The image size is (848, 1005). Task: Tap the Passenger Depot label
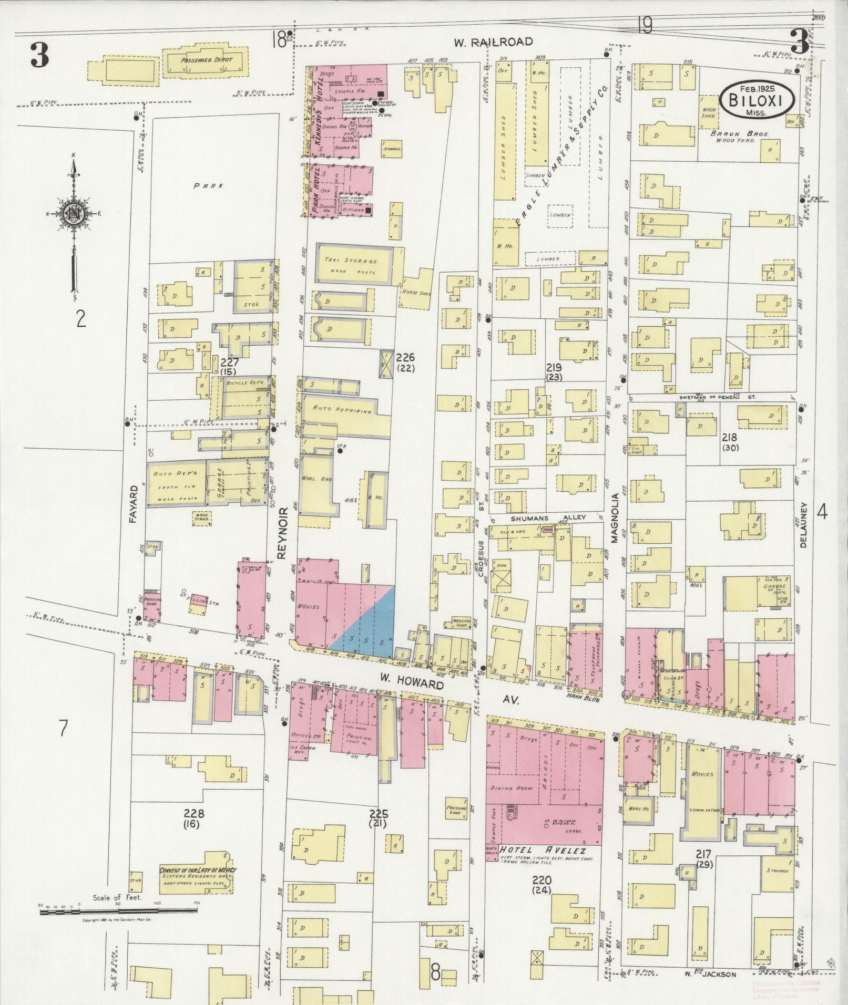[x=206, y=60]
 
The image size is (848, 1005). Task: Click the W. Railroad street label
[x=494, y=42]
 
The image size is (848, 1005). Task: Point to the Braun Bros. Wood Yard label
[x=740, y=137]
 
